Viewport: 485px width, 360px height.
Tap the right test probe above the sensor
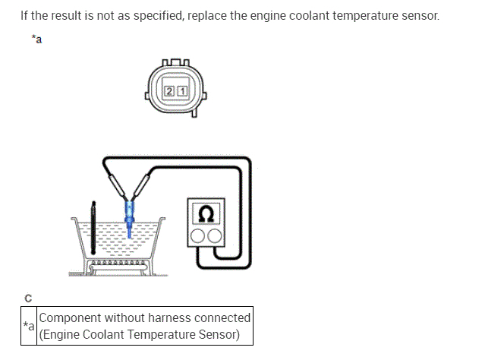(140, 185)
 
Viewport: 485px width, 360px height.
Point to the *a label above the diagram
(36, 39)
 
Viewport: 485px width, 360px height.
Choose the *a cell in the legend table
(28, 326)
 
